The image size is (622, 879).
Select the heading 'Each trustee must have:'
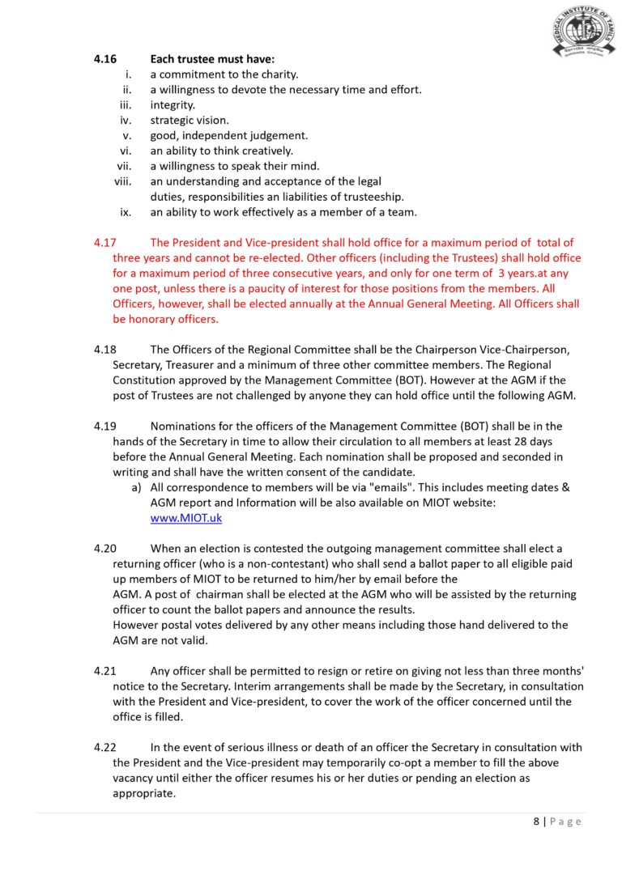pos(212,59)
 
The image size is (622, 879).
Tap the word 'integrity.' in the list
pos(173,104)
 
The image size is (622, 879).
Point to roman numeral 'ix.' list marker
pos(126,212)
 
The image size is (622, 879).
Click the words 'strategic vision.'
pos(190,120)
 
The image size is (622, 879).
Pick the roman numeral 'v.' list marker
pos(127,135)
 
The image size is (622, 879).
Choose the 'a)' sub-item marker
pos(136,487)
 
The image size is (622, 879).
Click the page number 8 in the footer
pos(536,821)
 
